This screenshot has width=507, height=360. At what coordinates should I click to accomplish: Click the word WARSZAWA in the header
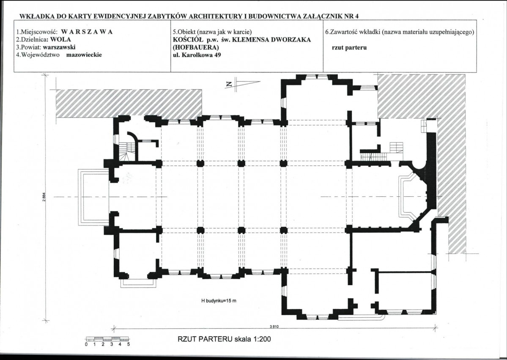[x=87, y=32]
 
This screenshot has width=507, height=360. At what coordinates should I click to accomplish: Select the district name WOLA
[x=60, y=39]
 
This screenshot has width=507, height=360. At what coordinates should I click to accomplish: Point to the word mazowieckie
[x=84, y=55]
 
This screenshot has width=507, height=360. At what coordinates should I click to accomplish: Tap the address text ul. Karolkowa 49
[x=197, y=55]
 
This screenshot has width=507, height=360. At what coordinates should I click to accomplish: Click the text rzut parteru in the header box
[x=349, y=47]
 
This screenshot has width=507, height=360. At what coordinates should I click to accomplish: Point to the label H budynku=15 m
[x=219, y=301]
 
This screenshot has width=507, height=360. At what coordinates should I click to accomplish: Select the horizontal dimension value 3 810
[x=274, y=327]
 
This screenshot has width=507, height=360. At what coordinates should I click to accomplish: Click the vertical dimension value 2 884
[x=44, y=197]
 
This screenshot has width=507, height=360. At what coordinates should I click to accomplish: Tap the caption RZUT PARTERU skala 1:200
[x=225, y=339]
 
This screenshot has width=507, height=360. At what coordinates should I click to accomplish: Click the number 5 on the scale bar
[x=129, y=344]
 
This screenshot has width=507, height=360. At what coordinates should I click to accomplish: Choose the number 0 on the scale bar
[x=86, y=344]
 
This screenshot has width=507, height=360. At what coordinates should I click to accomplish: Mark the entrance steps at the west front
[x=94, y=197]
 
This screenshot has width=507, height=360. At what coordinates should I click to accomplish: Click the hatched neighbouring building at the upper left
[x=129, y=104]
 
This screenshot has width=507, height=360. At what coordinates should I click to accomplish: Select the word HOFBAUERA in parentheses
[x=196, y=47]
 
